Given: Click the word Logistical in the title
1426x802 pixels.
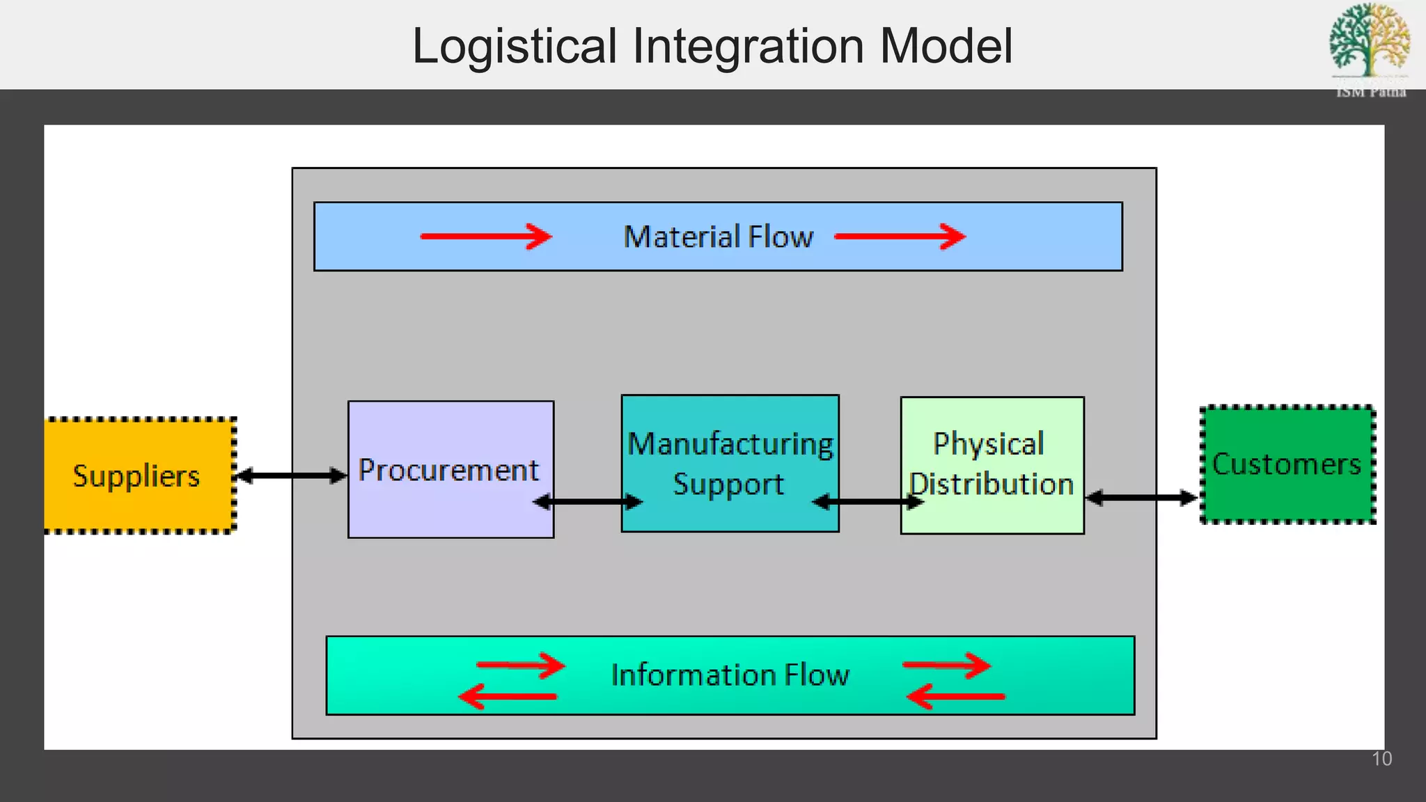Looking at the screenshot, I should tap(515, 47).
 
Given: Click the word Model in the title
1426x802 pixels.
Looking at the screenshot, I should tap(946, 47).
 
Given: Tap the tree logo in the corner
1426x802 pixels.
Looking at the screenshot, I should tap(1369, 42).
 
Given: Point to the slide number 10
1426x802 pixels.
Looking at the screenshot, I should tap(1381, 759).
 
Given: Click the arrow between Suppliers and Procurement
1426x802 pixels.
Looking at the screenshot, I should tap(291, 476).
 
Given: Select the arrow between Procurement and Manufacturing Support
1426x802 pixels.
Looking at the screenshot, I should tap(588, 501).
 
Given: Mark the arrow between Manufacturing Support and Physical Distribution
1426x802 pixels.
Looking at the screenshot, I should tap(868, 501).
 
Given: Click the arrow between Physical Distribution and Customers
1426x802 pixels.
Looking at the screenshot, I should tap(1141, 498).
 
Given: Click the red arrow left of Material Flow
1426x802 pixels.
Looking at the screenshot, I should tap(485, 237).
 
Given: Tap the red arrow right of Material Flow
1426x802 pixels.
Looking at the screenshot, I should tap(900, 237).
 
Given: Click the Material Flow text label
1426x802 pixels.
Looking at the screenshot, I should tap(718, 237).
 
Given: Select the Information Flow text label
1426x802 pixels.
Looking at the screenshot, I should tap(730, 675).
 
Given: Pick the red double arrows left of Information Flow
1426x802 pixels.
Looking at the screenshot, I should tap(512, 681).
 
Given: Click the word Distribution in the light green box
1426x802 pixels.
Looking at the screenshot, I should tap(992, 484).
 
